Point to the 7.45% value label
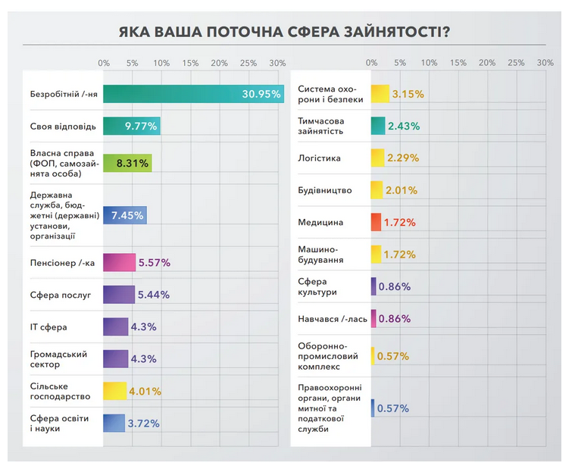click(x=127, y=216)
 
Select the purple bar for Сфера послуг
click(x=118, y=295)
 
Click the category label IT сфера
click(x=48, y=327)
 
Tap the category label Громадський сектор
click(x=58, y=359)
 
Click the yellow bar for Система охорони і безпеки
click(x=380, y=94)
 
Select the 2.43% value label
click(x=406, y=127)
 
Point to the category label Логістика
click(x=320, y=158)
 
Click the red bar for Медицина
click(x=375, y=222)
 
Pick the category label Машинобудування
click(x=322, y=254)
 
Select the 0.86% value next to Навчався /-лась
click(x=394, y=319)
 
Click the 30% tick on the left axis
click(x=277, y=63)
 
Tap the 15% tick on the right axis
click(x=458, y=63)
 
